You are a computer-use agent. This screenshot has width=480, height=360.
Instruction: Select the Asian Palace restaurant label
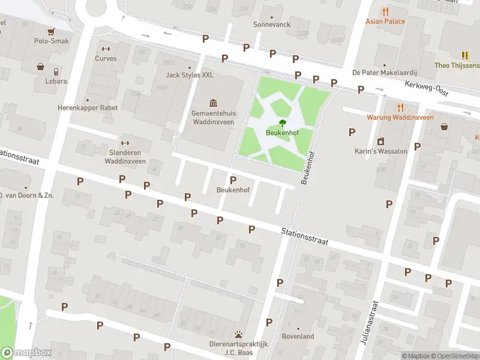pyautogui.click(x=385, y=22)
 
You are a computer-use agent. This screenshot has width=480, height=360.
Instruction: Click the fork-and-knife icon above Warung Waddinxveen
pyautogui.click(x=400, y=107)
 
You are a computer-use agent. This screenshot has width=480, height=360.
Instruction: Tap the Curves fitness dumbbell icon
pyautogui.click(x=106, y=49)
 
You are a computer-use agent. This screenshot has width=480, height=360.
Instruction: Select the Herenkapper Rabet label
pyautogui.click(x=88, y=108)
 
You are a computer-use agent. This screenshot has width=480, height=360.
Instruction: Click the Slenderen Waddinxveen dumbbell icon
pyautogui.click(x=125, y=143)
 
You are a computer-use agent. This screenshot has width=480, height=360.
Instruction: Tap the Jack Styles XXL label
pyautogui.click(x=190, y=76)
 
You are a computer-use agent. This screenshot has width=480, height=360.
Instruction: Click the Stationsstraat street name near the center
pyautogui.click(x=305, y=236)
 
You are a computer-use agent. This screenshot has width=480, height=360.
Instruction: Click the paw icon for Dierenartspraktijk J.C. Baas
pyautogui.click(x=239, y=334)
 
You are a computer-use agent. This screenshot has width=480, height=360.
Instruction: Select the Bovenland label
pyautogui.click(x=298, y=337)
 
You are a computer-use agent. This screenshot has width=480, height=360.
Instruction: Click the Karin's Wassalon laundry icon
pyautogui.click(x=380, y=142)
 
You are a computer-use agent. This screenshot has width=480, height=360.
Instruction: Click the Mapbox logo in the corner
pyautogui.click(x=26, y=353)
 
